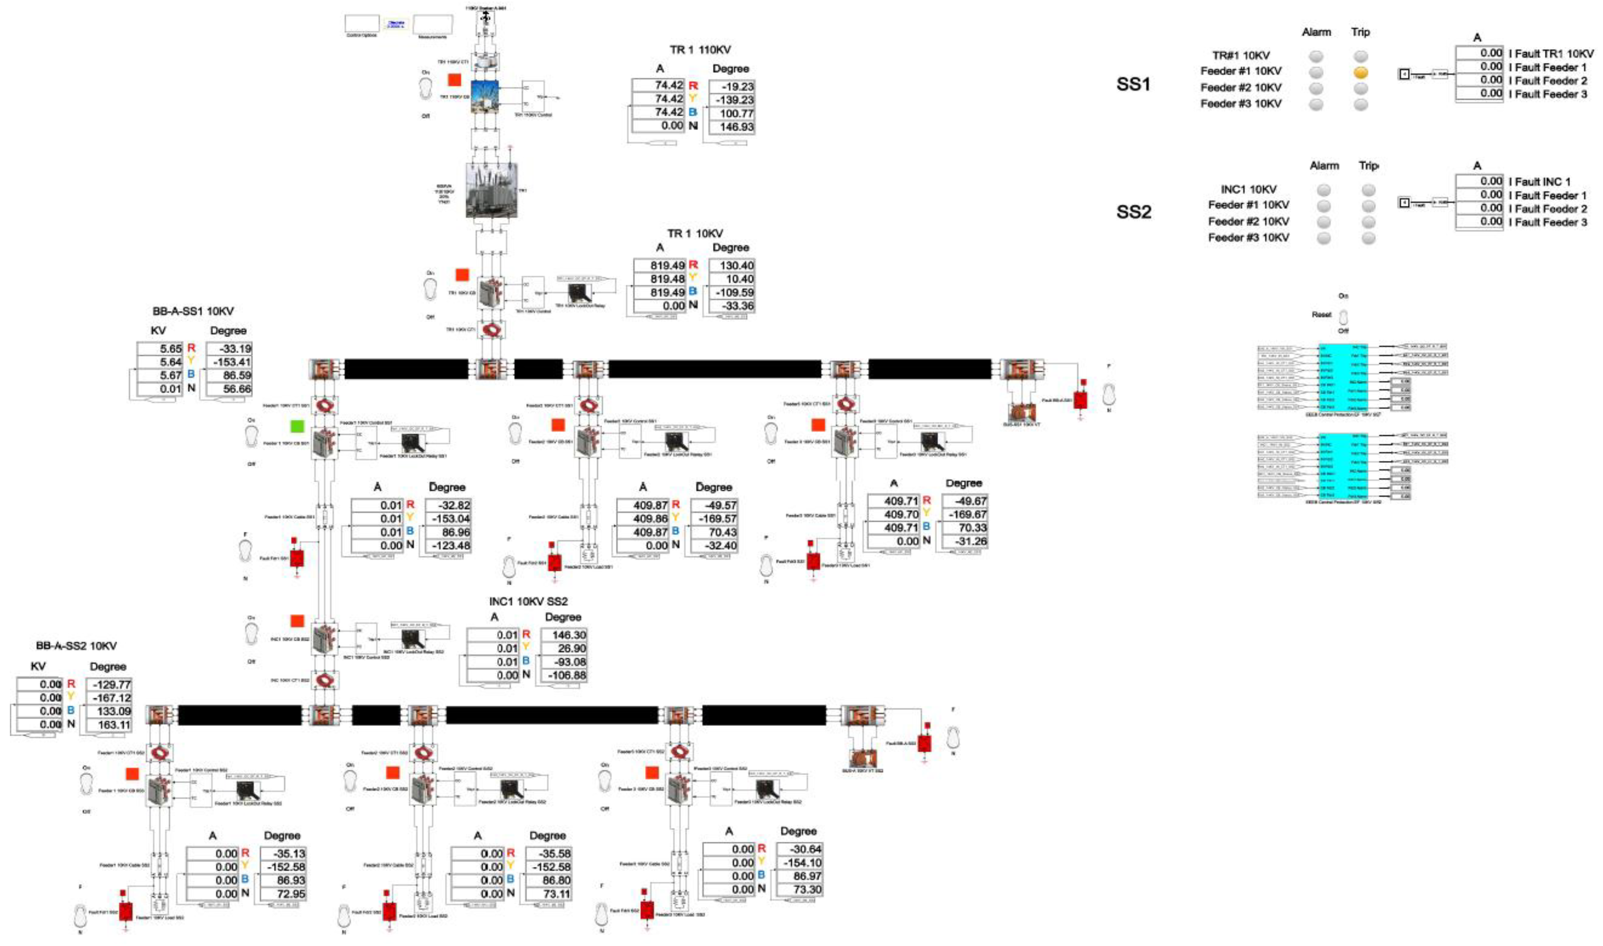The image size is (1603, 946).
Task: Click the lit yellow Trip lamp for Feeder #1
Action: coord(1361,73)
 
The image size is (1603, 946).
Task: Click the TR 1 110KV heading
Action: coord(700,50)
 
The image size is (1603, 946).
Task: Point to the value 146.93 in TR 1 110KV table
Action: coord(737,127)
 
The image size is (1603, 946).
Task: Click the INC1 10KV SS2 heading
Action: coord(528,602)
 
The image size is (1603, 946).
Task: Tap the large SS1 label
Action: coord(1133,84)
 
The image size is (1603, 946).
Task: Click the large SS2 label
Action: coord(1133,212)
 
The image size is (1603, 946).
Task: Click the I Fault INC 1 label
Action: coord(1539,182)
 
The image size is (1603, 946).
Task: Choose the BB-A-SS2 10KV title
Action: coord(77,646)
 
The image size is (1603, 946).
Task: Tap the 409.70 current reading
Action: coord(901,515)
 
